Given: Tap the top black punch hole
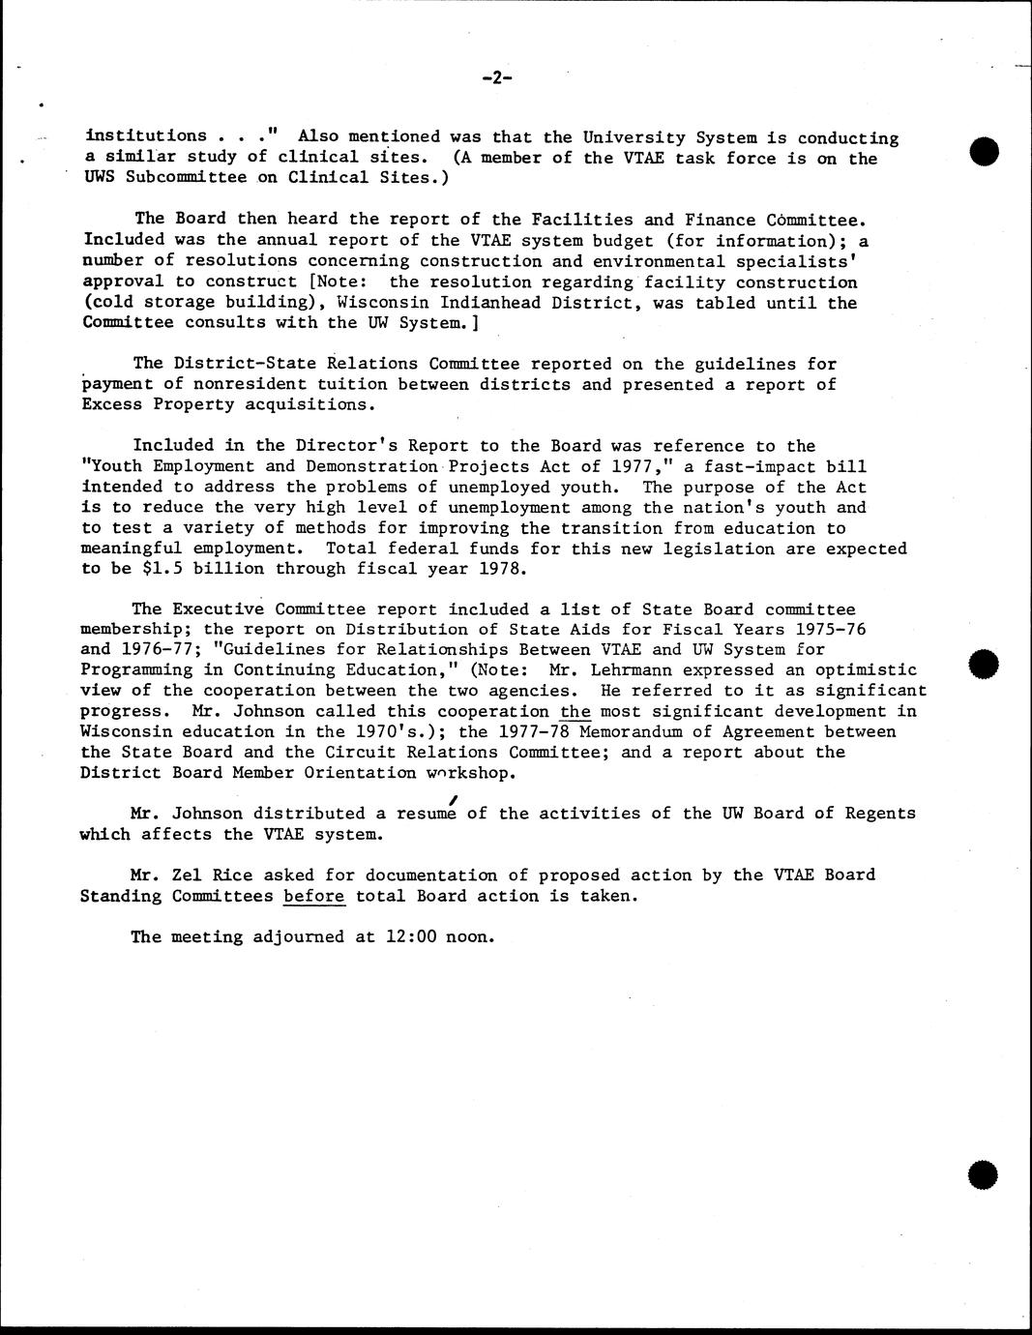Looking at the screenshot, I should click(x=984, y=152).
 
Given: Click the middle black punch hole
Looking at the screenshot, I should click(x=983, y=665).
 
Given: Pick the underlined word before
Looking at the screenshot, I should click(x=314, y=896).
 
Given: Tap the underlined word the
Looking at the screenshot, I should click(x=575, y=711).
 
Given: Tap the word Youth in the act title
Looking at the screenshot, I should click(x=116, y=466).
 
